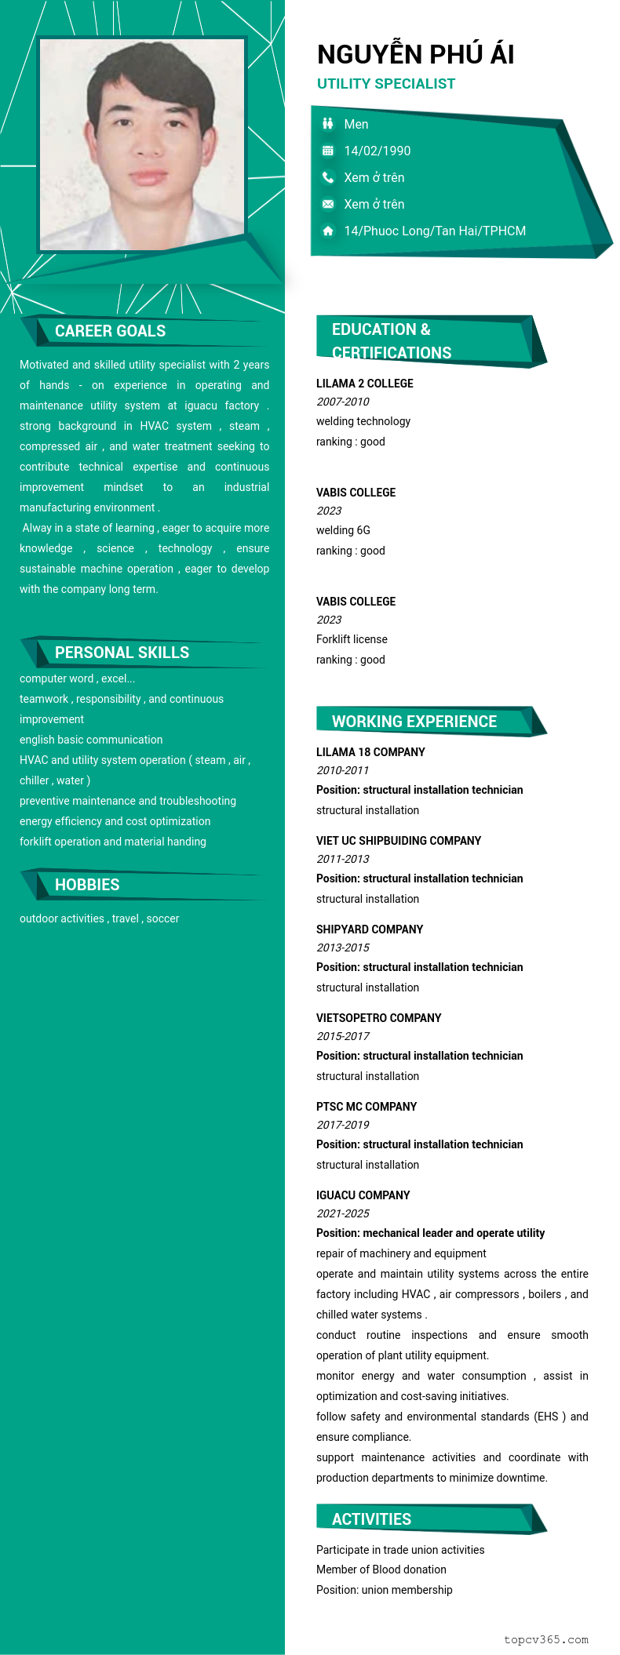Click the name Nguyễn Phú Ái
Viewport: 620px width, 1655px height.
tap(415, 54)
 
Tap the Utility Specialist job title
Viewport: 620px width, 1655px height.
tap(385, 84)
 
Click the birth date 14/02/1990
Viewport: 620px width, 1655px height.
tap(377, 151)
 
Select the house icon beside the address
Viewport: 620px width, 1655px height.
tap(328, 231)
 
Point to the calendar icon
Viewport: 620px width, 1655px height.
tap(328, 151)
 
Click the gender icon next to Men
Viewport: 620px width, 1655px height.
tap(328, 124)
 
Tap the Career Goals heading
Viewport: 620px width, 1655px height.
tap(110, 331)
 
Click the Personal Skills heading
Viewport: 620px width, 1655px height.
tap(122, 653)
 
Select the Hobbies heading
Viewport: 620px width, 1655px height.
tap(87, 885)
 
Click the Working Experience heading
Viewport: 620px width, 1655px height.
tap(414, 722)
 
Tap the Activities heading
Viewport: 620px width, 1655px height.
tap(371, 1519)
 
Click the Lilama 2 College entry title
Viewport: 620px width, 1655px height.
tap(364, 384)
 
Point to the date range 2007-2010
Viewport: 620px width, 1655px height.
tap(342, 402)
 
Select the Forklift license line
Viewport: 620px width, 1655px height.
tap(352, 639)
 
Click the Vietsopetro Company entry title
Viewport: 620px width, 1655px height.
tap(378, 1018)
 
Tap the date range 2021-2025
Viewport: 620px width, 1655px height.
tap(342, 1213)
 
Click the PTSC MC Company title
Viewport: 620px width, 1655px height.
tap(366, 1107)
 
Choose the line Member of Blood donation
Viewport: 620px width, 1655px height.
tap(381, 1570)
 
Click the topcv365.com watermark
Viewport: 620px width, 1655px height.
tap(545, 1639)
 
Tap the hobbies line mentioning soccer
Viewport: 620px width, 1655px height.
tap(99, 918)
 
